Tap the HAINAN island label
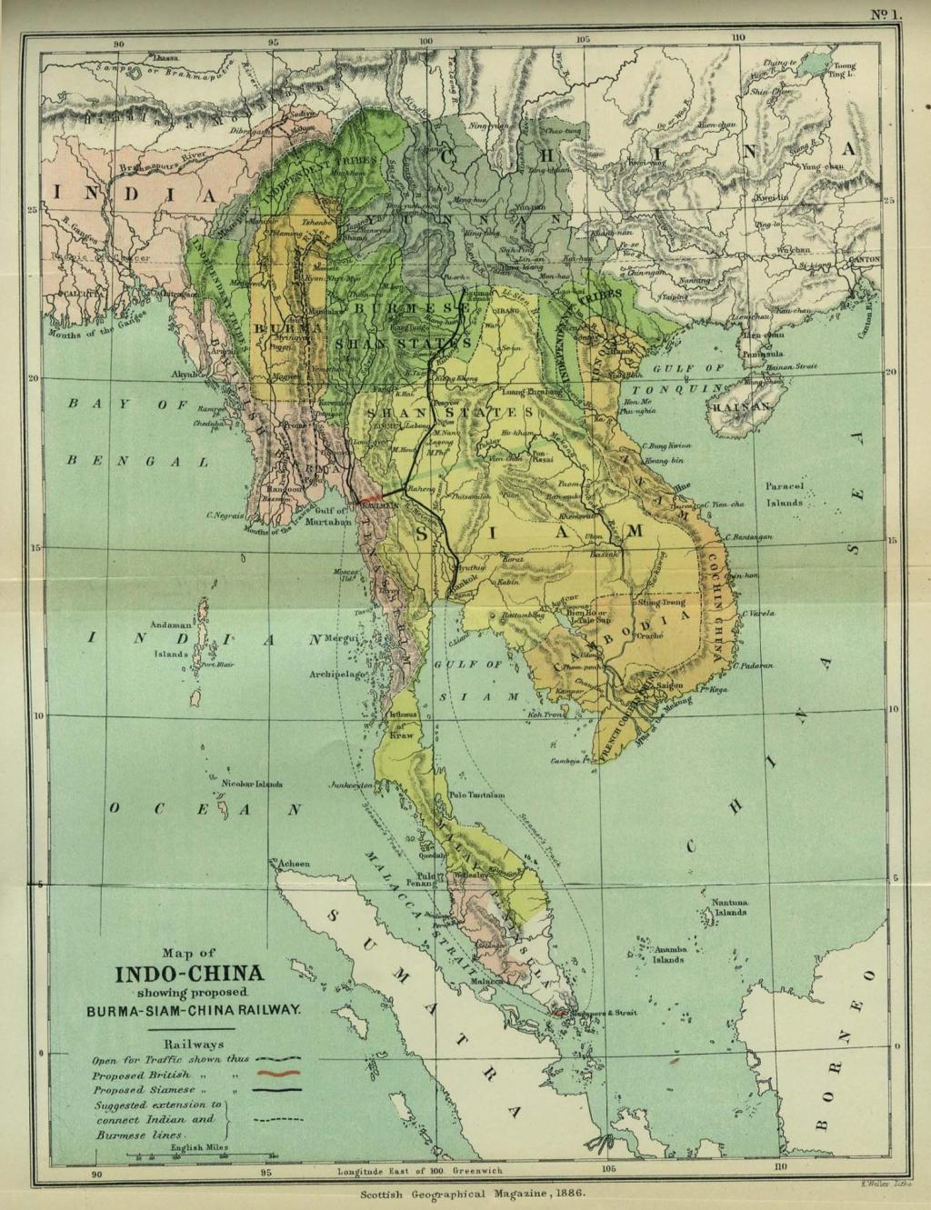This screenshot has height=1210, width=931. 740,409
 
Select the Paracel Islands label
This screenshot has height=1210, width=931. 785,495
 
